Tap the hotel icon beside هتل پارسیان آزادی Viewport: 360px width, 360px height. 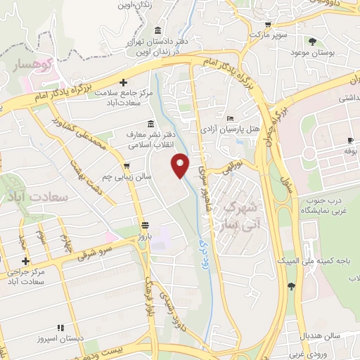click(231, 118)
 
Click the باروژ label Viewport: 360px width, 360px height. click(145, 238)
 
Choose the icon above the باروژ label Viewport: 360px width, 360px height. click(145, 226)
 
